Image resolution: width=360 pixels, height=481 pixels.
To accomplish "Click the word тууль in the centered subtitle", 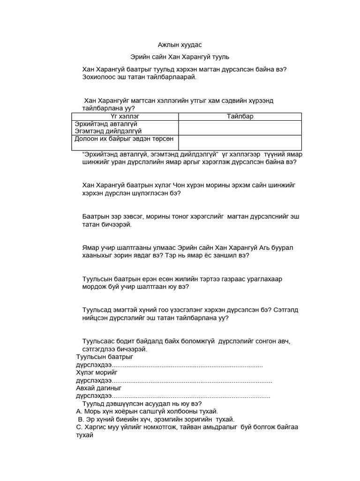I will [x=220, y=57].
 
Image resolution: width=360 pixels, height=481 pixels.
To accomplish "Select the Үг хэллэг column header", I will [x=125, y=116].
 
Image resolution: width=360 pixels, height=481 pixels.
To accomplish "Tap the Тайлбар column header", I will [x=240, y=116].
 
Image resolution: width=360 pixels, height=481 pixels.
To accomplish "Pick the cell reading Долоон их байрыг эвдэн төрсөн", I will [x=125, y=139].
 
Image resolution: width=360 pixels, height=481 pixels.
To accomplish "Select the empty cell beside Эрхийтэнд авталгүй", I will [x=240, y=127].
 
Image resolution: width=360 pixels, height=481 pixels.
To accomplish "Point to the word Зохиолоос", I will [x=97, y=77].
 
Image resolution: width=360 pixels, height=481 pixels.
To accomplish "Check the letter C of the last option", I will [x=79, y=427].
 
